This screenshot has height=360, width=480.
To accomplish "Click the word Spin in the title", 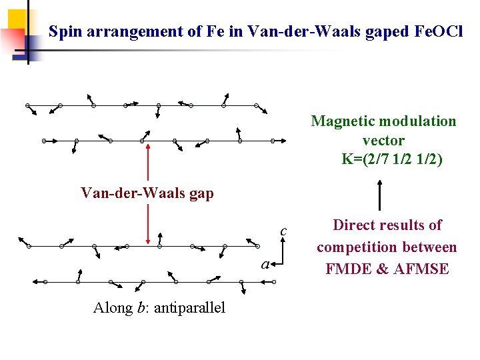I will click(65, 31).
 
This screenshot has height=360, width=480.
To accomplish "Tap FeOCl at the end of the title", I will click(439, 31).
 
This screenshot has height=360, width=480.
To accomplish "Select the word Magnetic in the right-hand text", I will click(343, 121).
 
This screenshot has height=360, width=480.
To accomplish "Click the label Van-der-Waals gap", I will click(147, 193).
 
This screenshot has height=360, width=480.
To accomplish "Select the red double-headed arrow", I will click(147, 193).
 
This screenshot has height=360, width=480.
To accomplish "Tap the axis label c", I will click(283, 231).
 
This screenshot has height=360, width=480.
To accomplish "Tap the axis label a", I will click(265, 265).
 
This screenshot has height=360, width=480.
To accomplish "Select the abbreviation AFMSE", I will click(423, 269).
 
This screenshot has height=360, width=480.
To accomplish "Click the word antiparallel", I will click(189, 308).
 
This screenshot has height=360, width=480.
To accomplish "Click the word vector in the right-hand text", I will click(383, 141).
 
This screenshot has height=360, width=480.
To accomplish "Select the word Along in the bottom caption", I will click(111, 308).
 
